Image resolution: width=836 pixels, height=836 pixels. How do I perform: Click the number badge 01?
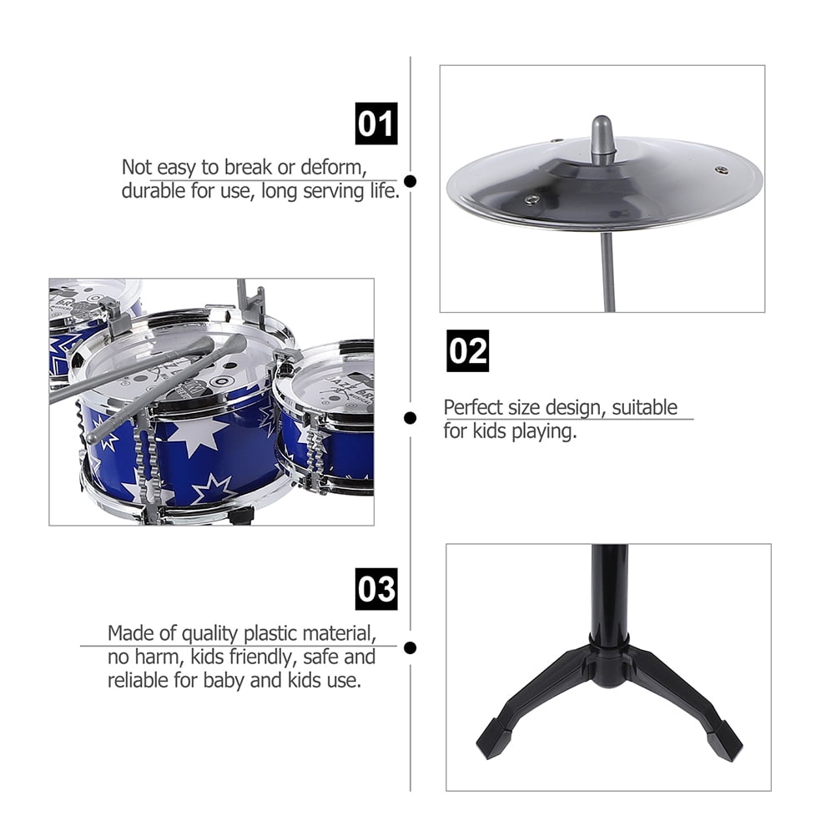(376, 123)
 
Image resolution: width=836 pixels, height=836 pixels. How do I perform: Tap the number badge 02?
(467, 350)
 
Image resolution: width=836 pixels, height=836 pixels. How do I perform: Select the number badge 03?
(376, 589)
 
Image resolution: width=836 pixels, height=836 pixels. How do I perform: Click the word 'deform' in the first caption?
(334, 168)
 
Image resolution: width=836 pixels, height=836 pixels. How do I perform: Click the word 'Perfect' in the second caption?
(472, 407)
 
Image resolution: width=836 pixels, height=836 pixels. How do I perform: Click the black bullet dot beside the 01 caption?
(410, 181)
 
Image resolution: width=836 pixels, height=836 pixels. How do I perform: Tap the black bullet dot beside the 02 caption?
(410, 418)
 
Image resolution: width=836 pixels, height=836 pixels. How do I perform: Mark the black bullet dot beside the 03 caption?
(410, 647)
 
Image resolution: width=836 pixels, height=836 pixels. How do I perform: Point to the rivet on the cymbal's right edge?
(723, 169)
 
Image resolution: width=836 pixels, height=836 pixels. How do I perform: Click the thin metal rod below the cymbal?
(607, 271)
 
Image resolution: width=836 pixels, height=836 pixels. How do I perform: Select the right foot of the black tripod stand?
(725, 741)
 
